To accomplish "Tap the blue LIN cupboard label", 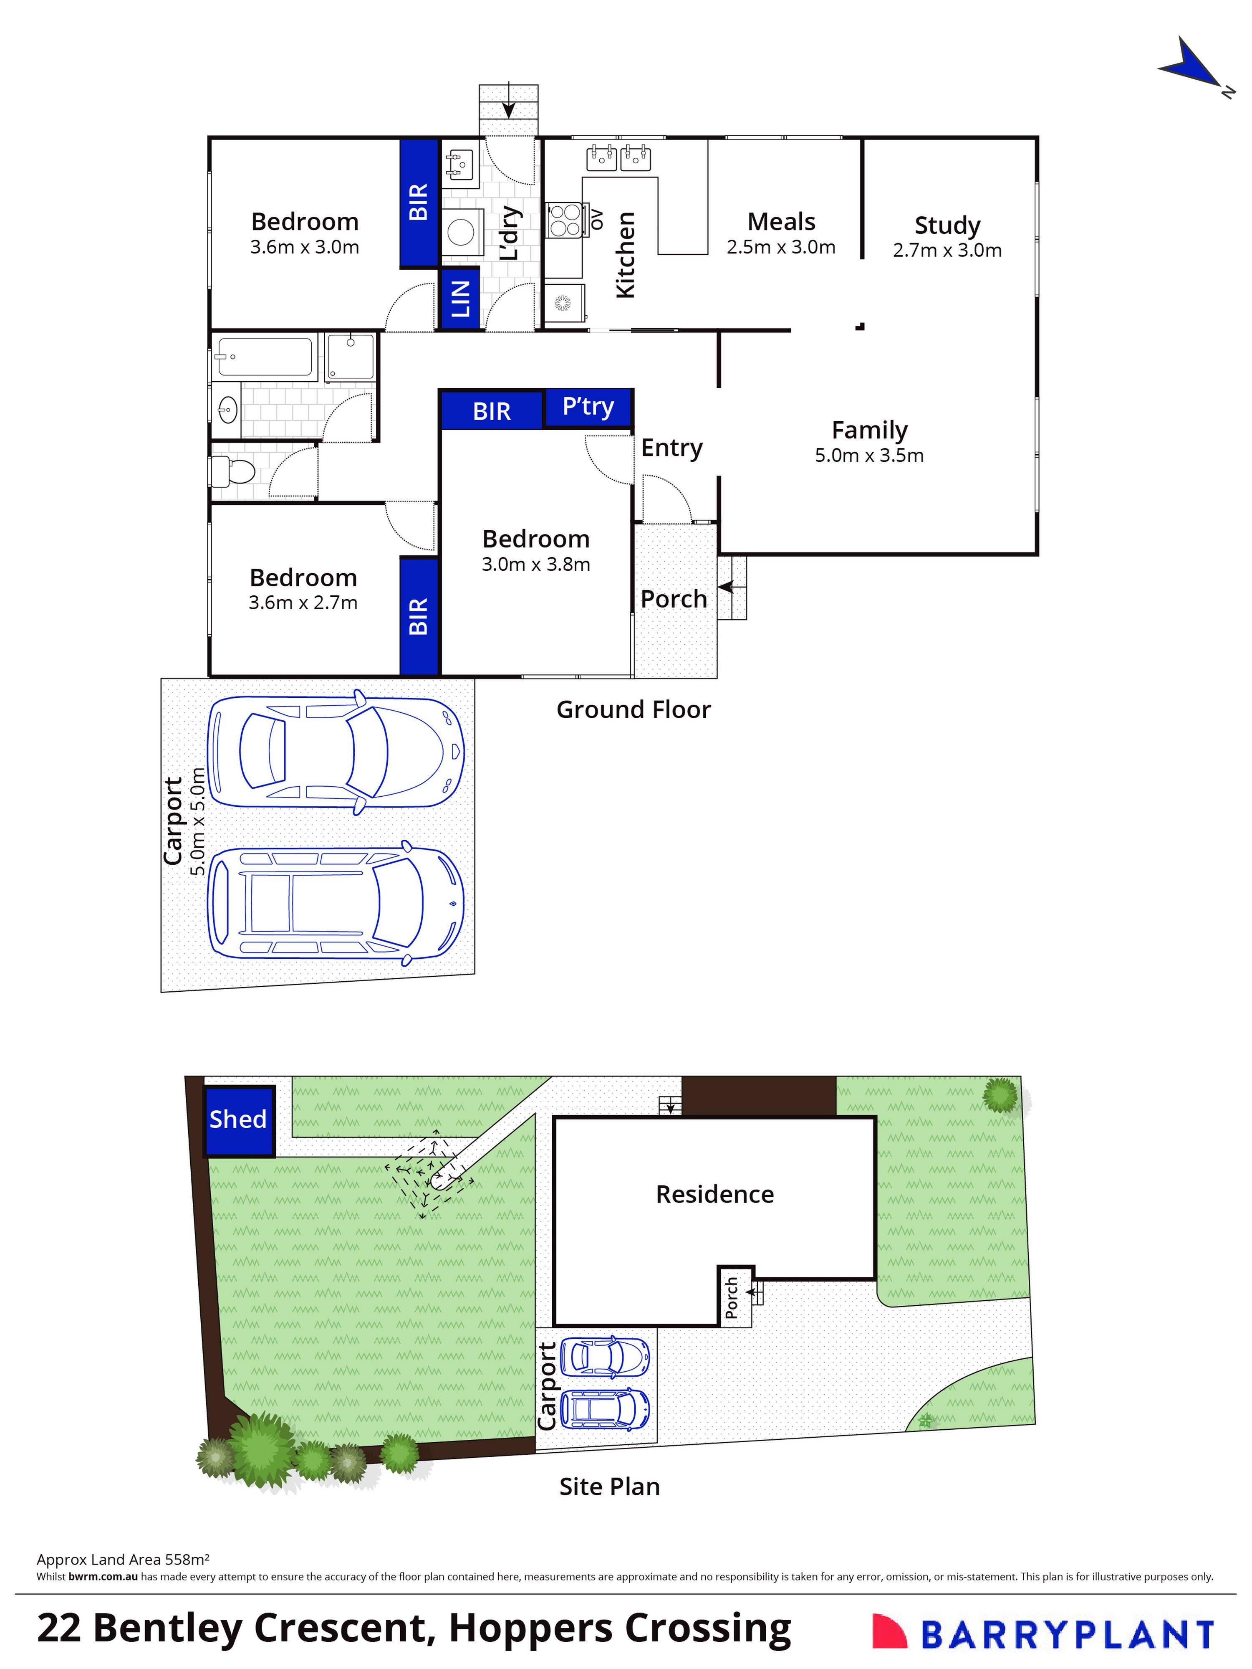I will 460,299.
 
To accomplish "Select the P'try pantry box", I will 588,408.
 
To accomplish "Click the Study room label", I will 947,225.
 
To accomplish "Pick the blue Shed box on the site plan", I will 238,1120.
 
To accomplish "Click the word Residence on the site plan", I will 714,1194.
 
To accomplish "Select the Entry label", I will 671,448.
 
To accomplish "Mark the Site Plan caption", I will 609,1487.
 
